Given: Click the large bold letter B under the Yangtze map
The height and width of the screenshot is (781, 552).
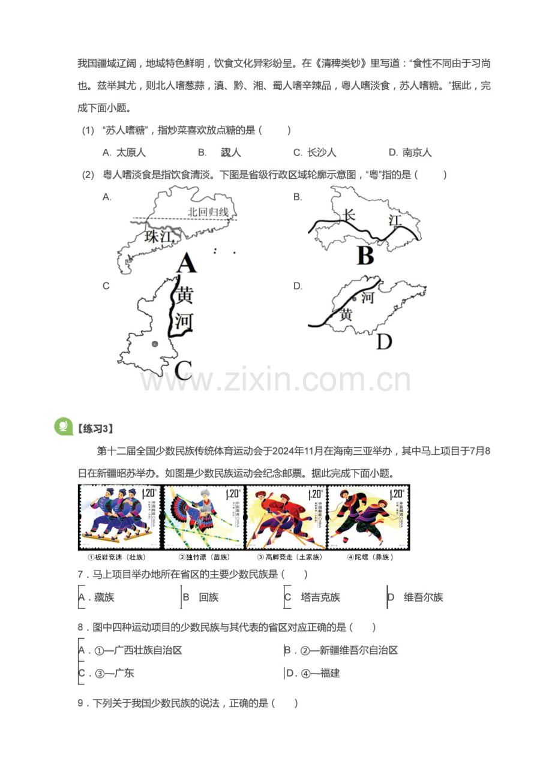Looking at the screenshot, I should pyautogui.click(x=365, y=256).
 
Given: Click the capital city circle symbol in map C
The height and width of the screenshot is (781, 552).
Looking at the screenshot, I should pyautogui.click(x=155, y=344).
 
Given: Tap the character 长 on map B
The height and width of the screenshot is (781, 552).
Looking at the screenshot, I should pyautogui.click(x=349, y=215).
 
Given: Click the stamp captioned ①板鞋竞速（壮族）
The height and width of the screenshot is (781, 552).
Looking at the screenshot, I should pyautogui.click(x=119, y=516).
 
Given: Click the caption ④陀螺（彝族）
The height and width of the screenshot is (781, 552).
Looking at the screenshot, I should pyautogui.click(x=367, y=557).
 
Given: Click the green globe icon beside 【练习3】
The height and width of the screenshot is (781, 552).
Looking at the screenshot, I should pyautogui.click(x=62, y=426).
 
